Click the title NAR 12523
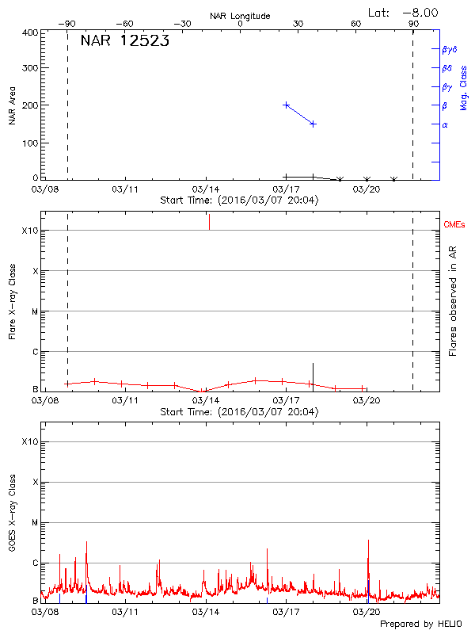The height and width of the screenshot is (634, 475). click(124, 42)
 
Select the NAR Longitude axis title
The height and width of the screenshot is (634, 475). click(240, 16)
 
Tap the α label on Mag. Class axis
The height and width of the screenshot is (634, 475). click(444, 124)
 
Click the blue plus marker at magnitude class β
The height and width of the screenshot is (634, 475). click(287, 105)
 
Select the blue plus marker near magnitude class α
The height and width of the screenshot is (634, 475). click(313, 124)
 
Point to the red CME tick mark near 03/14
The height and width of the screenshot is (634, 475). click(209, 222)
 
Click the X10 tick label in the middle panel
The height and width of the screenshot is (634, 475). click(30, 231)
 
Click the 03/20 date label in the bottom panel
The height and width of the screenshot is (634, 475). click(367, 613)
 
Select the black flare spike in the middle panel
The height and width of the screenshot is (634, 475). click(313, 375)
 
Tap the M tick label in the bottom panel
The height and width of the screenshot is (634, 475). click(34, 523)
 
